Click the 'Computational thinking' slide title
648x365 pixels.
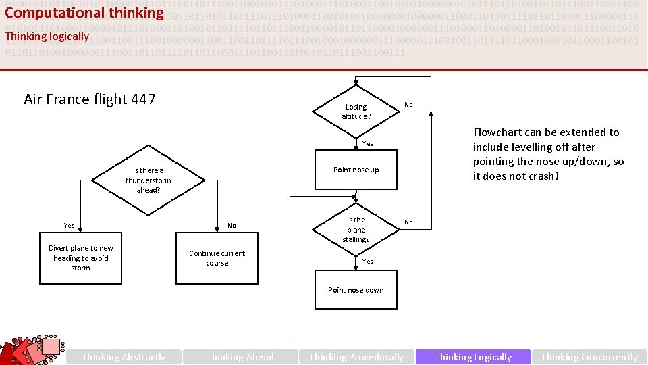(84, 13)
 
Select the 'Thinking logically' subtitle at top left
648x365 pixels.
(47, 36)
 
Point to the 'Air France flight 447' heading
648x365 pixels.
(90, 99)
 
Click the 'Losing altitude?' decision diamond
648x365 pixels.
(356, 112)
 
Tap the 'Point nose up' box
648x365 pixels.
(356, 170)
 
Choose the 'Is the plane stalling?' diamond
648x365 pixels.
(356, 229)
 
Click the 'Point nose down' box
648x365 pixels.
(356, 290)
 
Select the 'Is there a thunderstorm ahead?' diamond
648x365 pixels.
(148, 180)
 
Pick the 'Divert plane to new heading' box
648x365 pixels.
(81, 258)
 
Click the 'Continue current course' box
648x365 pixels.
(217, 258)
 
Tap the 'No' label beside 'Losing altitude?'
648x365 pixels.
(408, 105)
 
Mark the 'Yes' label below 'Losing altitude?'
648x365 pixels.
(367, 143)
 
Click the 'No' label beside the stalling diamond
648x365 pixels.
(408, 222)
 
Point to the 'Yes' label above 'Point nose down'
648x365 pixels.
(367, 261)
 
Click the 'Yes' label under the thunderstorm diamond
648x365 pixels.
(70, 225)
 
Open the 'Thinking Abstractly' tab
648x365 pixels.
(124, 357)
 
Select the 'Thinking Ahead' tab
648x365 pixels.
(240, 357)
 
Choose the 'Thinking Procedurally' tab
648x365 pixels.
(356, 357)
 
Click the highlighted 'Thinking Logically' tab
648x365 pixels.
(473, 357)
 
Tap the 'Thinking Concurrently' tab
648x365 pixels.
(589, 357)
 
